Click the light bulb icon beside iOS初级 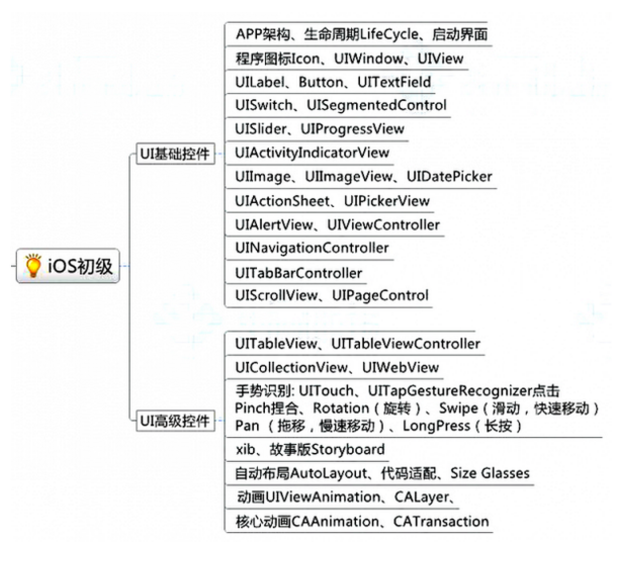pyautogui.click(x=33, y=268)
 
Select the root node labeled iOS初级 pyautogui.click(x=79, y=268)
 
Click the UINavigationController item pyautogui.click(x=312, y=248)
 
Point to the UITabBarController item pyautogui.click(x=298, y=272)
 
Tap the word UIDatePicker pyautogui.click(x=449, y=177)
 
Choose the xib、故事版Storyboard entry pyautogui.click(x=309, y=449)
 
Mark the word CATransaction pyautogui.click(x=440, y=520)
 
